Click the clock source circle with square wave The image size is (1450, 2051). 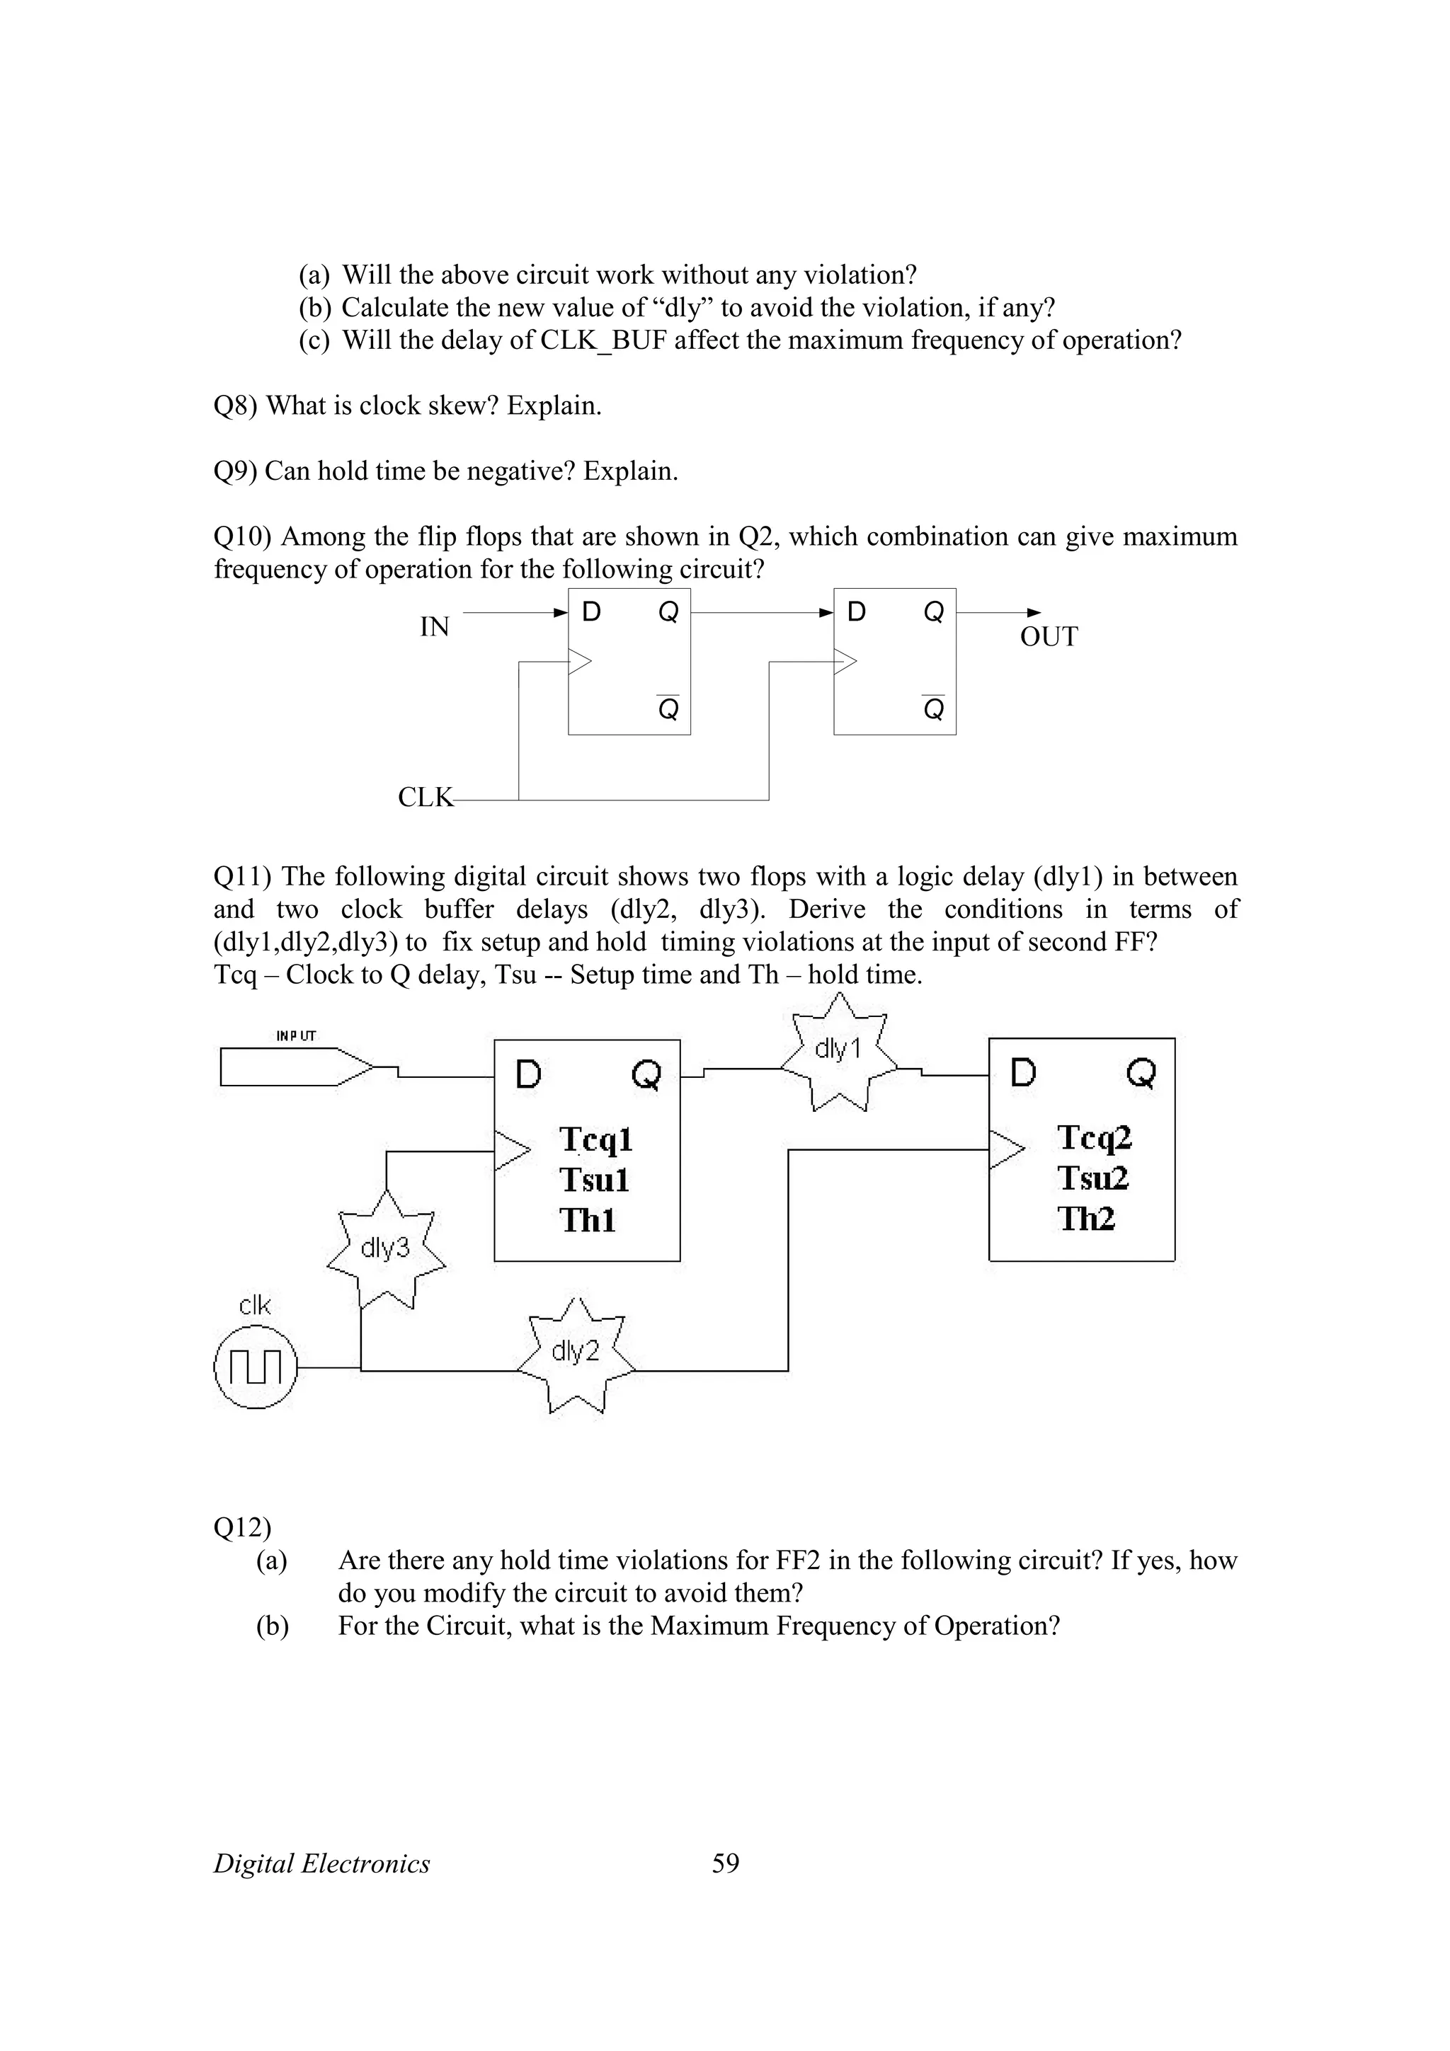[256, 1367]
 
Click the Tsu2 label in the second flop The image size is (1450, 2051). [1092, 1178]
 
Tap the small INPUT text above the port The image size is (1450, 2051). [296, 1036]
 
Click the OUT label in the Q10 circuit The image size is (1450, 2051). [1048, 637]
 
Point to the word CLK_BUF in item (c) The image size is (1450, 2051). [604, 340]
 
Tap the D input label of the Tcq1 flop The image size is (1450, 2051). [529, 1074]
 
